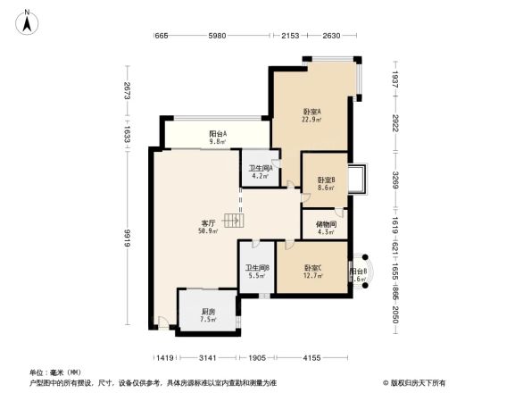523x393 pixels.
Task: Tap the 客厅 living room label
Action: click(209, 222)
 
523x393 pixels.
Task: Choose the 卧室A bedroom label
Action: click(311, 111)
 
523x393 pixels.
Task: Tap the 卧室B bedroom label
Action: click(326, 180)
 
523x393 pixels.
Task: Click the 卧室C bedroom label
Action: click(311, 268)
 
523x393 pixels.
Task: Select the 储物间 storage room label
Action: click(325, 225)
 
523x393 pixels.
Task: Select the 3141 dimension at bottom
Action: click(208, 357)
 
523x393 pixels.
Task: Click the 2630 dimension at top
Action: click(332, 36)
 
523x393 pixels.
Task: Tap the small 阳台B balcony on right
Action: click(357, 273)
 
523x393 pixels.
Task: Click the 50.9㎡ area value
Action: click(209, 230)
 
